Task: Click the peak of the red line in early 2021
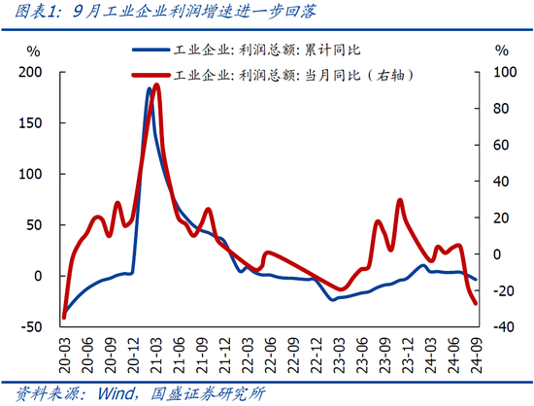click(x=156, y=85)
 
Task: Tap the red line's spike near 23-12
click(x=400, y=200)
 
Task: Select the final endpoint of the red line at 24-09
click(x=476, y=303)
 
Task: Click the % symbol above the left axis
click(x=35, y=50)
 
